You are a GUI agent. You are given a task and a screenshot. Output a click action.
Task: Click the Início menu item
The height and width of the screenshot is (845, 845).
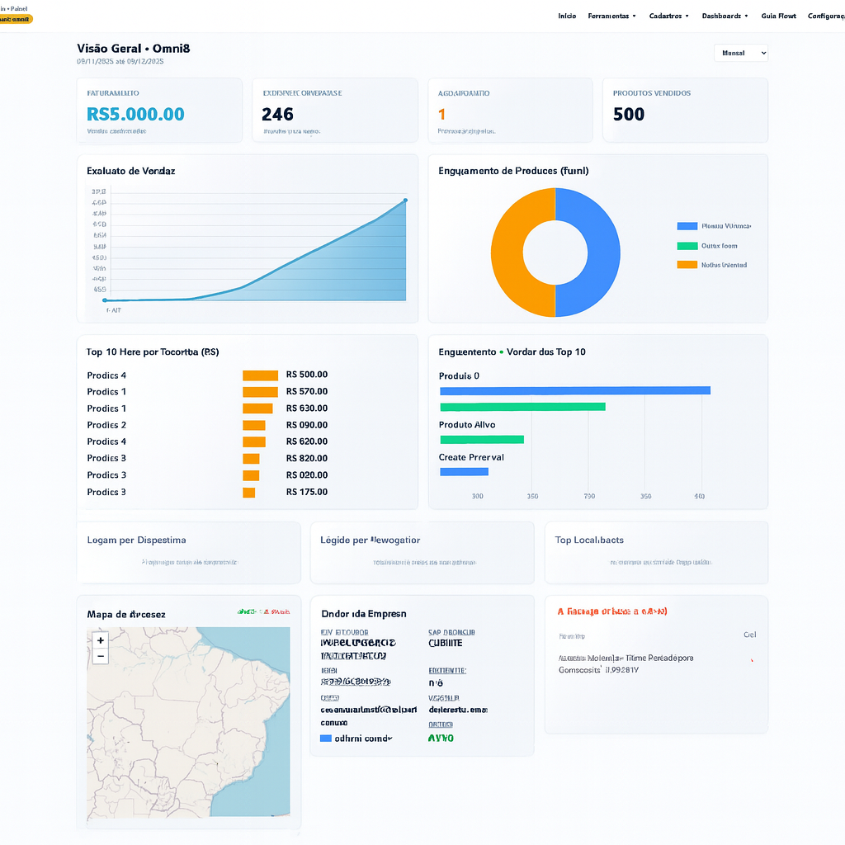(x=567, y=16)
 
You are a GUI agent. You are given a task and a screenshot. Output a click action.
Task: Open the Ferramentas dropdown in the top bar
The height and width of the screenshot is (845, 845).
(x=611, y=16)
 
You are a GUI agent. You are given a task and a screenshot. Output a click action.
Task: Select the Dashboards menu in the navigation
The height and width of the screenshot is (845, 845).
(x=725, y=16)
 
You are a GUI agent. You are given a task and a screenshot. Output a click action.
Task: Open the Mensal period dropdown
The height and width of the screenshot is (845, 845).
(x=740, y=53)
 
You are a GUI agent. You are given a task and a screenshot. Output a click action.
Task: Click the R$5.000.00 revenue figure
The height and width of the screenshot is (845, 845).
(x=135, y=114)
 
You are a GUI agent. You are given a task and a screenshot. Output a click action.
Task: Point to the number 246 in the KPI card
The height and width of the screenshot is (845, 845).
(x=277, y=114)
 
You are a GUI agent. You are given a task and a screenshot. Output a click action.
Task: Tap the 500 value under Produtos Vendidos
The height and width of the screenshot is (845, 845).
(x=629, y=114)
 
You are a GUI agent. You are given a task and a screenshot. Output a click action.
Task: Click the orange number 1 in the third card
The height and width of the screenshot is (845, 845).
(x=441, y=114)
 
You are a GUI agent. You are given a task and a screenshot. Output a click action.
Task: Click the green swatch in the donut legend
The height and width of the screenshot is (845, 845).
(x=687, y=246)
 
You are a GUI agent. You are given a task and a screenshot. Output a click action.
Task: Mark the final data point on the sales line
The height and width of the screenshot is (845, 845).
(x=405, y=200)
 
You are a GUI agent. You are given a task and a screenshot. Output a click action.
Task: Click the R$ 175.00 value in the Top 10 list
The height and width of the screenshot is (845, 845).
(x=307, y=492)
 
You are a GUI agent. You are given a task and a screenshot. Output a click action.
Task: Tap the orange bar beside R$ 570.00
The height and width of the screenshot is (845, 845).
(x=260, y=392)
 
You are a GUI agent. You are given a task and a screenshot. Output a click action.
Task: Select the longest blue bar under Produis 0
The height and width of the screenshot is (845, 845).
(x=574, y=390)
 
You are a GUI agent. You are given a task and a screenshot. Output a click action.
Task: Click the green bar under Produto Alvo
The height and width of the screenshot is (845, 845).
(x=482, y=439)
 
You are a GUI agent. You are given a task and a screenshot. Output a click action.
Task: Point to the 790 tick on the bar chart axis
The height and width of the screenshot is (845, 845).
(x=589, y=496)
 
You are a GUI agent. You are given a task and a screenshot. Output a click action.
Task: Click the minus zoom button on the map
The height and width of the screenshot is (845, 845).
(x=101, y=656)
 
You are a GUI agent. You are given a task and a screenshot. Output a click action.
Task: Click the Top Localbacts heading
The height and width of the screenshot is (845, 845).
(x=589, y=540)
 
